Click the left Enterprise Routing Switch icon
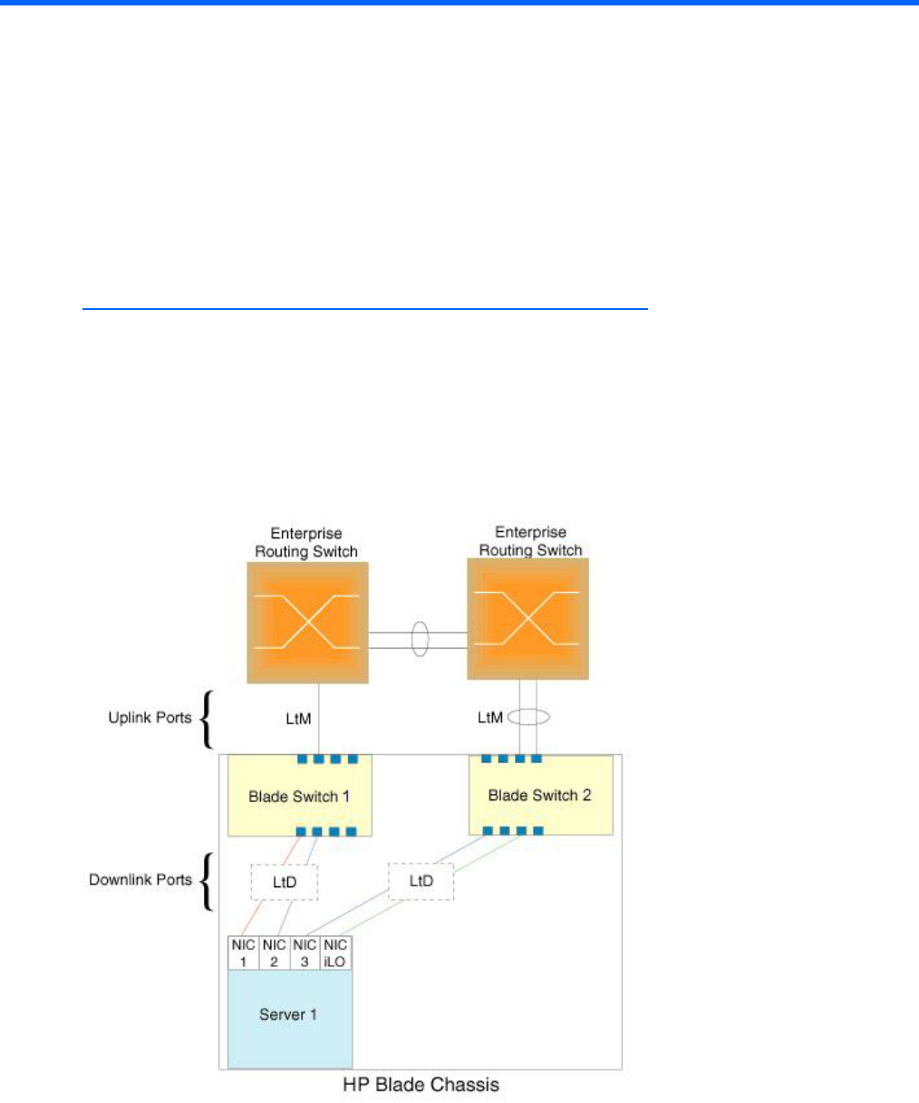click(x=307, y=622)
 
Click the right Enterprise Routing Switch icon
click(x=527, y=618)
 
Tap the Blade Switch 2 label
click(x=539, y=796)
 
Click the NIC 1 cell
click(x=243, y=953)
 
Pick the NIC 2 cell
click(x=275, y=953)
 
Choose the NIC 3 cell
click(x=305, y=953)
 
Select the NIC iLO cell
click(x=335, y=953)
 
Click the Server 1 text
click(x=288, y=1014)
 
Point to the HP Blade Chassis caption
click(x=421, y=1084)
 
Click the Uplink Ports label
click(x=150, y=718)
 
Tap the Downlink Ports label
click(x=140, y=879)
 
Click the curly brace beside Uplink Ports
click(x=207, y=718)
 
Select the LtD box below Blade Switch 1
click(x=284, y=880)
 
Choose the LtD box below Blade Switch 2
click(x=421, y=880)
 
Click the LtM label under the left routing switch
click(x=298, y=718)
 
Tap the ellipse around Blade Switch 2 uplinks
click(x=528, y=717)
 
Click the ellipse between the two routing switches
click(x=419, y=637)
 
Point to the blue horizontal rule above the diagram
click(x=365, y=309)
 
